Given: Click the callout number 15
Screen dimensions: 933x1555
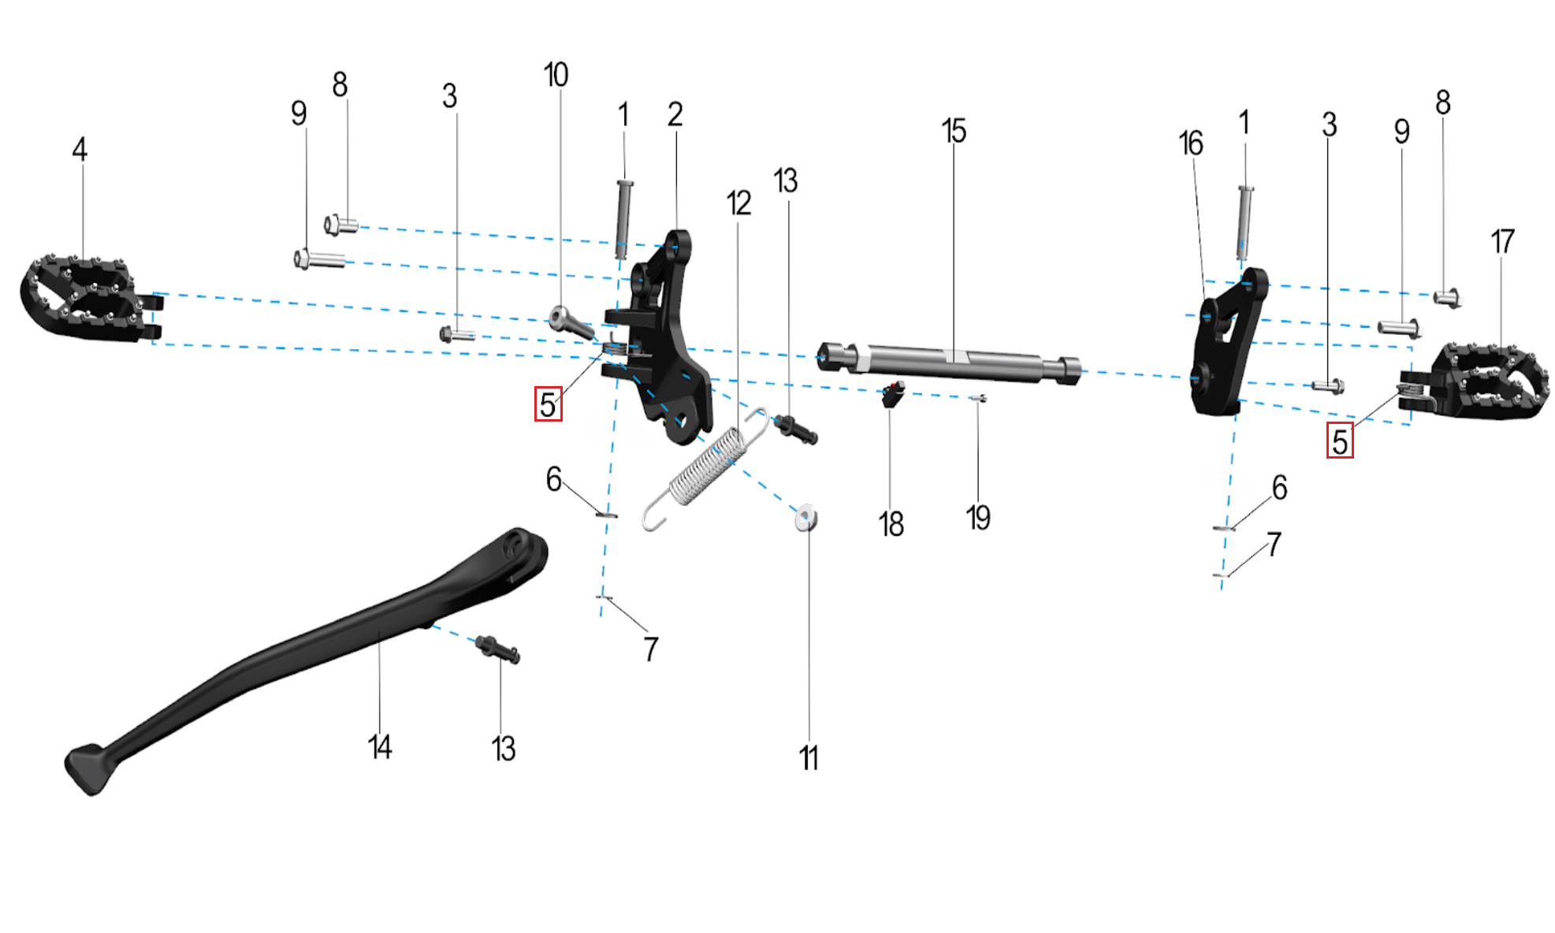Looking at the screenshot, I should pyautogui.click(x=953, y=131).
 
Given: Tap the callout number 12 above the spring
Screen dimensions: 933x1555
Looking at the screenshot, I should pyautogui.click(x=738, y=203).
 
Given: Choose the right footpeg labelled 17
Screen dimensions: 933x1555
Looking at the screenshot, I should pyautogui.click(x=1482, y=383).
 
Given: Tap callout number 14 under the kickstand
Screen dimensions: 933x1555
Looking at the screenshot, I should pyautogui.click(x=379, y=746).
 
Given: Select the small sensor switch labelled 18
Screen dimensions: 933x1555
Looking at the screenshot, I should pyautogui.click(x=892, y=393).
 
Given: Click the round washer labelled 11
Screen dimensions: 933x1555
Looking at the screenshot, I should pyautogui.click(x=805, y=519).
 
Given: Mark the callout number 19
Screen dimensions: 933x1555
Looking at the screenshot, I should pyautogui.click(x=978, y=518).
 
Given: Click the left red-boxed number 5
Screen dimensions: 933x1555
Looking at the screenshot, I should pyautogui.click(x=549, y=404).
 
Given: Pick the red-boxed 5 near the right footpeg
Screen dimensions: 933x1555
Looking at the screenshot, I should pyautogui.click(x=1340, y=441).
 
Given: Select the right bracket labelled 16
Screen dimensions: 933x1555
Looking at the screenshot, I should pyautogui.click(x=1226, y=347).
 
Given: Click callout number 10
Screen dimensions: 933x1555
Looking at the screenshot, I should pyautogui.click(x=556, y=75).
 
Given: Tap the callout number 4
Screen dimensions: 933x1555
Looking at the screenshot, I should pyautogui.click(x=80, y=149).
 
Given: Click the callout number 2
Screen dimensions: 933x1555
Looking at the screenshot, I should pyautogui.click(x=675, y=114).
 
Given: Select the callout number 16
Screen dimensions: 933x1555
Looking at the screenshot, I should pyautogui.click(x=1190, y=143).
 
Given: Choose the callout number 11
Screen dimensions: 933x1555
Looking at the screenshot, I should pyautogui.click(x=809, y=758).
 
